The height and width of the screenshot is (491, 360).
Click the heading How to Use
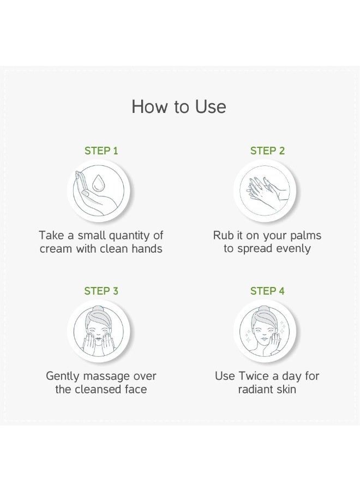pyautogui.click(x=179, y=107)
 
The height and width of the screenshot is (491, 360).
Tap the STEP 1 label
pyautogui.click(x=101, y=151)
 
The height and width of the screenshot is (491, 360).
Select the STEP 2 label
pyautogui.click(x=267, y=151)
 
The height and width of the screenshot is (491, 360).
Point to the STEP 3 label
pyautogui.click(x=101, y=291)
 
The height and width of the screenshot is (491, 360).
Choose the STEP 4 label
pyautogui.click(x=267, y=291)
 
